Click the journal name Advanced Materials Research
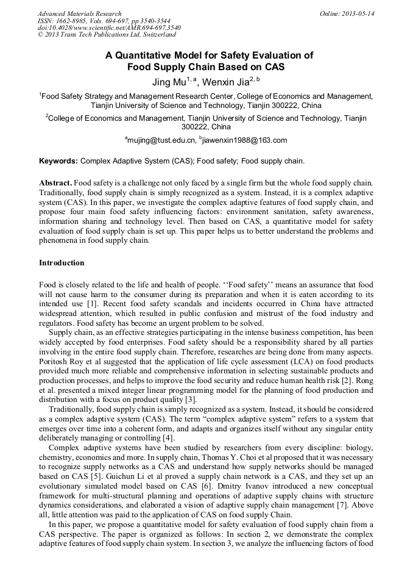pos(79,13)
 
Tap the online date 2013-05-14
pos(356,13)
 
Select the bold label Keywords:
pos(58,161)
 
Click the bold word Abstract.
pos(56,183)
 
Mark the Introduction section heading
pos(62,263)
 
